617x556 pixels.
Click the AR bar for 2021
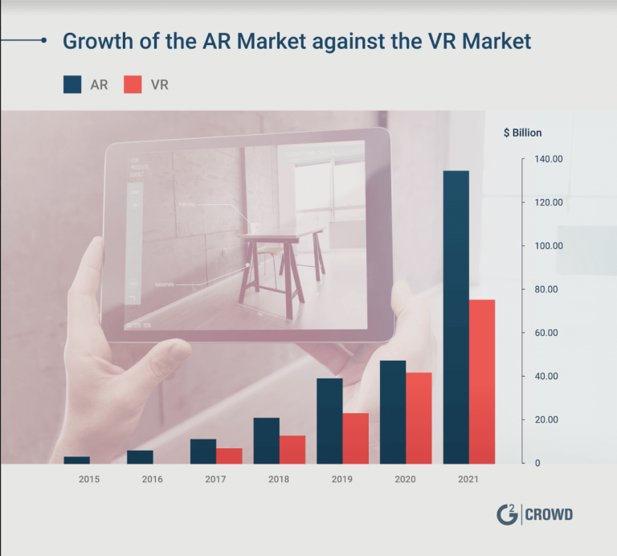tap(456, 317)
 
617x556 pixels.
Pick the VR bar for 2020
tap(419, 418)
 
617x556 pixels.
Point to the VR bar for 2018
tap(292, 449)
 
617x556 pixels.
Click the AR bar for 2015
tap(76, 460)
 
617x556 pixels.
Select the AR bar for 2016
tap(140, 456)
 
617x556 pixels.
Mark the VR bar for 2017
tap(229, 456)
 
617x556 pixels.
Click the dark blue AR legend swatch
tap(72, 84)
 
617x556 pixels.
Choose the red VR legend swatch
tap(133, 84)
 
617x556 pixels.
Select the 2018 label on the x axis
tap(278, 480)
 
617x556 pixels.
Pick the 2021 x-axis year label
tap(468, 480)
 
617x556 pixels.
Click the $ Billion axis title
tap(522, 133)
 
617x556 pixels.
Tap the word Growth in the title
tap(96, 41)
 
